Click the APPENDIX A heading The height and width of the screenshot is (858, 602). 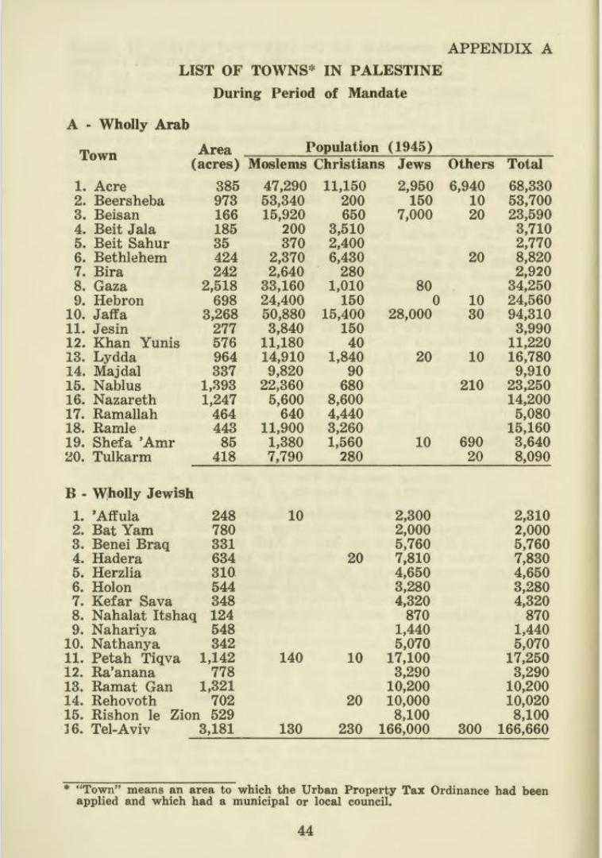tap(500, 48)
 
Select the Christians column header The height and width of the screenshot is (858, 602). tap(349, 164)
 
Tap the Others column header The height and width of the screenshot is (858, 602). tap(470, 164)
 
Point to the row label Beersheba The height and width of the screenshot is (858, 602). tap(129, 200)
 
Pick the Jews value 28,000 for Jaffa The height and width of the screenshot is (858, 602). tap(410, 315)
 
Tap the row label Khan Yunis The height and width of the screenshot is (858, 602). tap(136, 343)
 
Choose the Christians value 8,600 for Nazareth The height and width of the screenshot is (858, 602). tap(345, 400)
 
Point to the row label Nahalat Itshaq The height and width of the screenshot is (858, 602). tap(143, 614)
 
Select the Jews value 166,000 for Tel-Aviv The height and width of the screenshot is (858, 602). tap(403, 729)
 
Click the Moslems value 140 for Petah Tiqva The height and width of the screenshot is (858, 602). tap(291, 657)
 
